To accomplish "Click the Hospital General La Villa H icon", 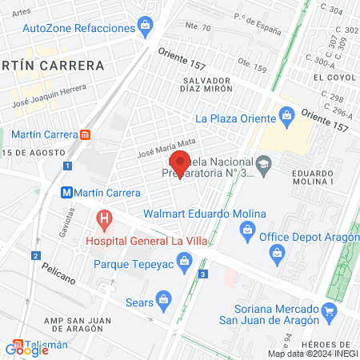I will [102, 218].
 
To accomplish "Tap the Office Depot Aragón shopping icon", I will [249, 232].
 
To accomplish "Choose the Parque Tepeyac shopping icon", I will [185, 261].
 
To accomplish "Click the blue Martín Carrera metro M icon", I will [68, 193].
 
